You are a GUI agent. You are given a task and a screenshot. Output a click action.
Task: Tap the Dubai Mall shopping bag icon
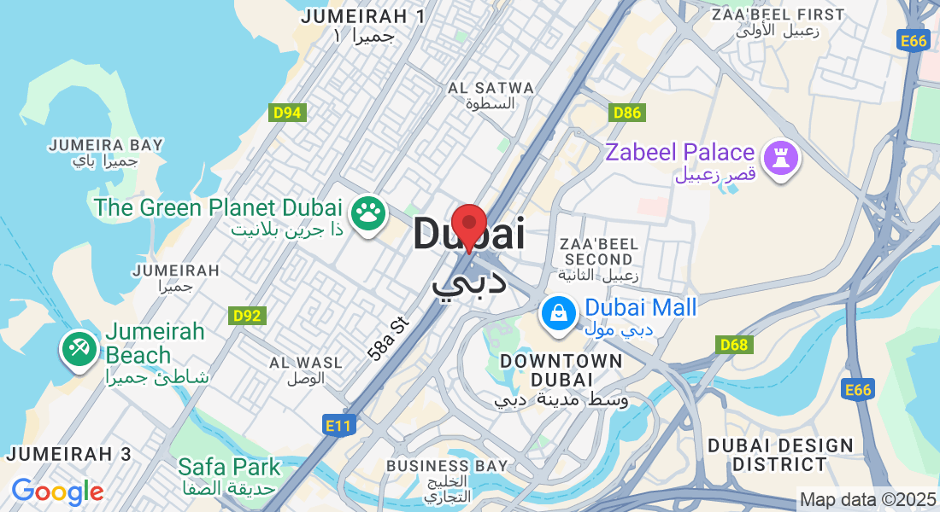point(557,312)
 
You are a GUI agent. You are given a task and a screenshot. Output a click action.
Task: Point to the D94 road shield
point(288,113)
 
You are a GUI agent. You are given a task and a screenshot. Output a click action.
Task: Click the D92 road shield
point(249,316)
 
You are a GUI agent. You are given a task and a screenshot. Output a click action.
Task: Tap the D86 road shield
point(627,113)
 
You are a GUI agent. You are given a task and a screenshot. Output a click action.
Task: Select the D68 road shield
point(733,345)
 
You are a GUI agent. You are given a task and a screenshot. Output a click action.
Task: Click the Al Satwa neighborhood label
point(491,95)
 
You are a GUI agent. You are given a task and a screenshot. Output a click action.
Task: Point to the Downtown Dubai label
point(561,370)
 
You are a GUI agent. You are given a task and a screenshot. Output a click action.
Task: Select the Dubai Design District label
point(780,455)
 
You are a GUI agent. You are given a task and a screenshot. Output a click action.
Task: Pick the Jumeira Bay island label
point(106,151)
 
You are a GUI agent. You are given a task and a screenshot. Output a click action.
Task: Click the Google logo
point(57,492)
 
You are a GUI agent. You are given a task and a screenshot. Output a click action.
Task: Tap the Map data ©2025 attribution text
point(867,498)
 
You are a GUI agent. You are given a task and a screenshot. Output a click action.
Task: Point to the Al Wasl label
point(306,370)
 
